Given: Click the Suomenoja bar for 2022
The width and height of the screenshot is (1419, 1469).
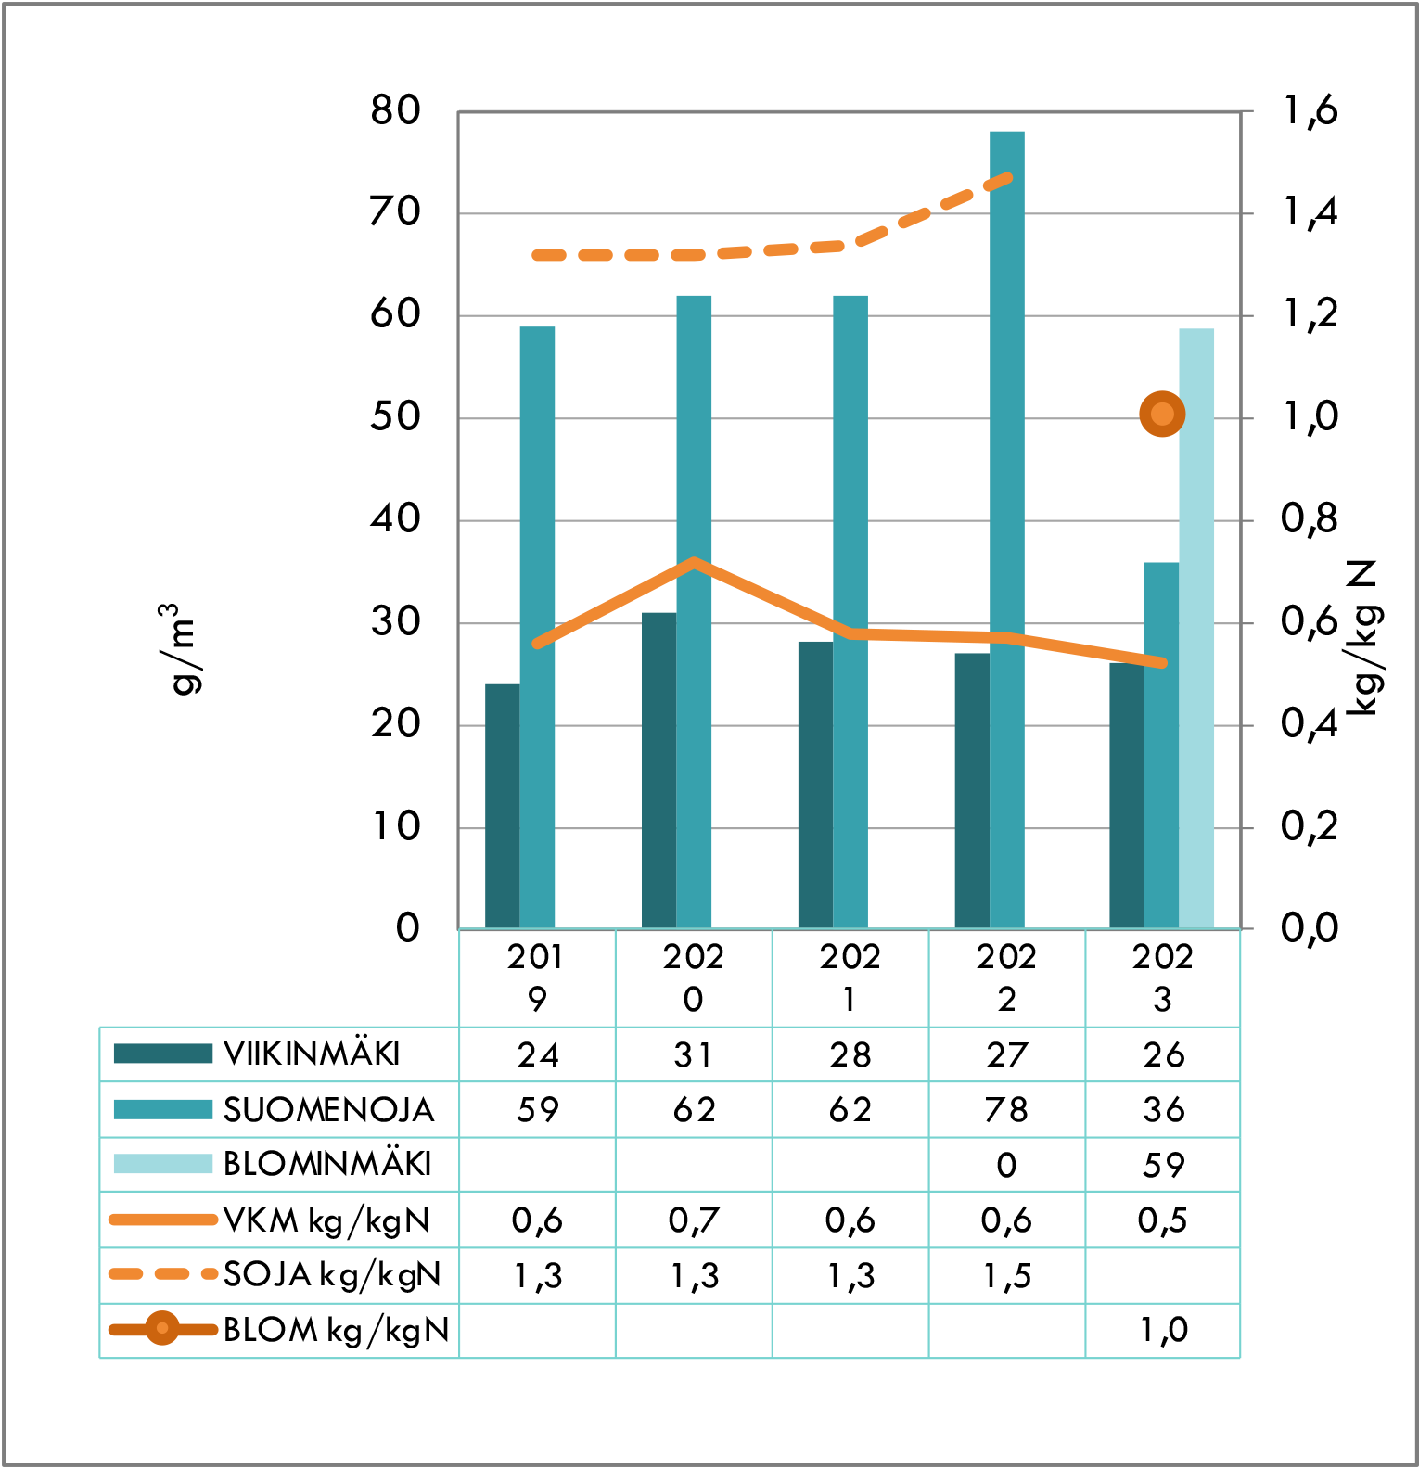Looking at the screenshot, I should pyautogui.click(x=1006, y=529).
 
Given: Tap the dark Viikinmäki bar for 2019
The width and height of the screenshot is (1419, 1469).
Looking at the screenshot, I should pyautogui.click(x=502, y=806).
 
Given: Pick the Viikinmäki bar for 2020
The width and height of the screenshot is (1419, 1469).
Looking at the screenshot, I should pyautogui.click(x=658, y=770).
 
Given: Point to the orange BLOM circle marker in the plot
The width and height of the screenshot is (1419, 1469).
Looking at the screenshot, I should pyautogui.click(x=1162, y=414).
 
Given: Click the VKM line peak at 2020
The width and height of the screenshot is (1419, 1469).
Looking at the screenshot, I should pyautogui.click(x=694, y=563).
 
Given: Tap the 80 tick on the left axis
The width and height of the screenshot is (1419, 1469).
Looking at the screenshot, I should pyautogui.click(x=395, y=111).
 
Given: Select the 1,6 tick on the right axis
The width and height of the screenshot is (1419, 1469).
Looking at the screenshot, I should pyautogui.click(x=1310, y=111).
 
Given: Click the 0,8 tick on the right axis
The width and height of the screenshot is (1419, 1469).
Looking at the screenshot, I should pyautogui.click(x=1310, y=519).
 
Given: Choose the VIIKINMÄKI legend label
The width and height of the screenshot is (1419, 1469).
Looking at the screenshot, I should pyautogui.click(x=312, y=1054).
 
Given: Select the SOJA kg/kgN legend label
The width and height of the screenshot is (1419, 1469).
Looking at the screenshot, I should pyautogui.click(x=332, y=1275).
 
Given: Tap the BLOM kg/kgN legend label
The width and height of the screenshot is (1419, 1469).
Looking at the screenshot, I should pyautogui.click(x=336, y=1330).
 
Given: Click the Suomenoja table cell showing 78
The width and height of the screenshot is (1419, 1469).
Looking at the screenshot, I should pyautogui.click(x=1006, y=1110).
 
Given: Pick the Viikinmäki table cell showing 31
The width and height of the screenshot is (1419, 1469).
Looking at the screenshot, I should pyautogui.click(x=694, y=1054).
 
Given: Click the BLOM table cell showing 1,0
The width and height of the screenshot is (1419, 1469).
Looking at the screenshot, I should pyautogui.click(x=1163, y=1330).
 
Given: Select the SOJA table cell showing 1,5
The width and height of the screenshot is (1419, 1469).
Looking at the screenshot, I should pyautogui.click(x=1006, y=1276).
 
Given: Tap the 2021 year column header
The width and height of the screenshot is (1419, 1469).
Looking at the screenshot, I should pyautogui.click(x=850, y=977).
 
